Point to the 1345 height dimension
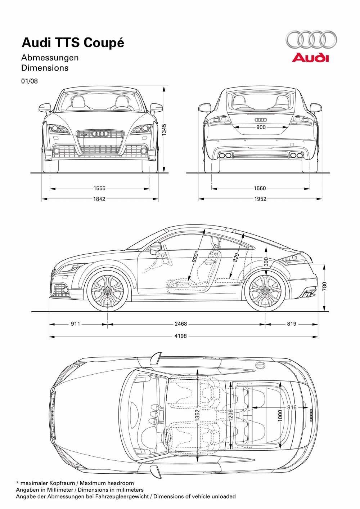click(x=164, y=130)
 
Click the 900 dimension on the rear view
click(x=261, y=127)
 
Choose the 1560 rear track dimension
click(x=260, y=188)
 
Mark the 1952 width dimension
click(x=260, y=198)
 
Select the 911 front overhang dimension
click(x=75, y=324)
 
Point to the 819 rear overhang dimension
click(x=292, y=324)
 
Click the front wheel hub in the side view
click(x=108, y=290)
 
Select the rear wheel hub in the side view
click(x=266, y=290)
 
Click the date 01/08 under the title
click(x=29, y=81)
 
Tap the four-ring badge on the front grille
click(x=100, y=134)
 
